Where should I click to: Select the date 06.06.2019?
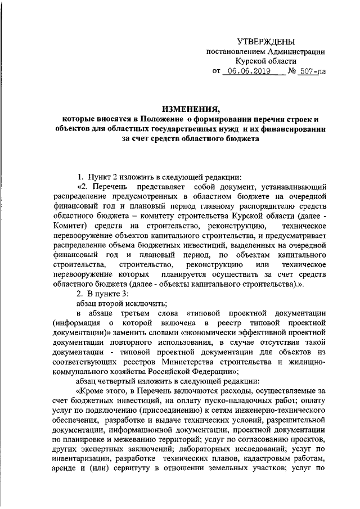coord(247,72)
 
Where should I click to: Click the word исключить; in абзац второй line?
coord(128,304)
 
